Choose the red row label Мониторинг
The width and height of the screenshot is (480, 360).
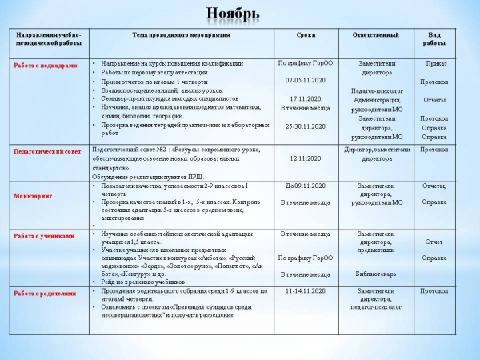click(33, 195)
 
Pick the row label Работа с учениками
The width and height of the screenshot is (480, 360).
click(44, 236)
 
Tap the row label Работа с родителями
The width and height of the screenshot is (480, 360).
click(46, 293)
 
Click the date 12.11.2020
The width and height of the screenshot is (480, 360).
click(305, 158)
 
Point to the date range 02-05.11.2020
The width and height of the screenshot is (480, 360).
click(305, 81)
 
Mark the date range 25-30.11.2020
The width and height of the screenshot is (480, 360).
click(305, 126)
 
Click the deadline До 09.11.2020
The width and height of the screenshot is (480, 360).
click(303, 186)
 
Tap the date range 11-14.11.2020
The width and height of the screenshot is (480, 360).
click(305, 291)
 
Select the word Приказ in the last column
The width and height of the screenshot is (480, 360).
click(437, 62)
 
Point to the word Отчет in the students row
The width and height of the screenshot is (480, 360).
click(434, 241)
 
